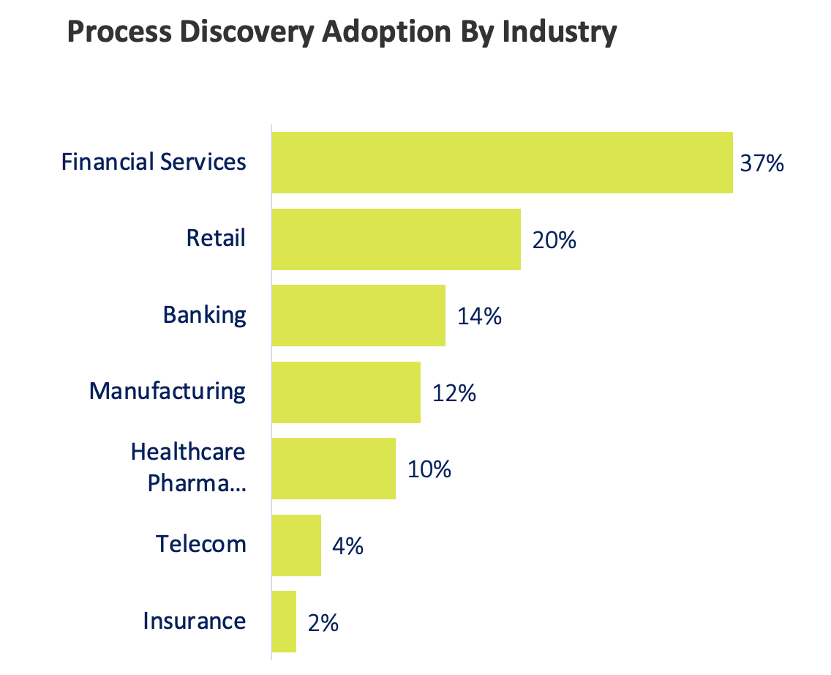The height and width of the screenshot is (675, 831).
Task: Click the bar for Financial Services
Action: (x=502, y=163)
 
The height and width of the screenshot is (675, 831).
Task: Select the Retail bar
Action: (x=396, y=239)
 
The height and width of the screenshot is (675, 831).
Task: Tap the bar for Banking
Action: (x=358, y=316)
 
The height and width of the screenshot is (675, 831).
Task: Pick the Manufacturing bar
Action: (x=346, y=392)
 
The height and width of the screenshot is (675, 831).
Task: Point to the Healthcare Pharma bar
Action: (x=334, y=469)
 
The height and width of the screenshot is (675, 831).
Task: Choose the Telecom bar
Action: (x=296, y=545)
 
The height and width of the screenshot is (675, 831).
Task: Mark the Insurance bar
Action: (x=284, y=622)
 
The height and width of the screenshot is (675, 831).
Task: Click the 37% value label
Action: (x=762, y=163)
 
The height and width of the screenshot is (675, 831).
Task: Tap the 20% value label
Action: (x=554, y=240)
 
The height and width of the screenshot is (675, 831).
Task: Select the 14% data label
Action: (x=479, y=316)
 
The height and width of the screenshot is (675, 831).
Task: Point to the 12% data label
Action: (x=454, y=393)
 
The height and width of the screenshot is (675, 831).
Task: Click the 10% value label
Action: (x=429, y=469)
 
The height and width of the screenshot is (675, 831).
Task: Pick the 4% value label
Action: (x=348, y=546)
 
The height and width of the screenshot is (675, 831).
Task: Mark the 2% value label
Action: (x=323, y=622)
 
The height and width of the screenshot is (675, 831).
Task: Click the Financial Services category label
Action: (x=154, y=162)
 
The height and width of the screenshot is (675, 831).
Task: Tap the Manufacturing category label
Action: (x=168, y=391)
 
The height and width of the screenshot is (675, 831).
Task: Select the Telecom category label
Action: (x=200, y=544)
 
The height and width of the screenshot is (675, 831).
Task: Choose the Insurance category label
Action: (x=194, y=621)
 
